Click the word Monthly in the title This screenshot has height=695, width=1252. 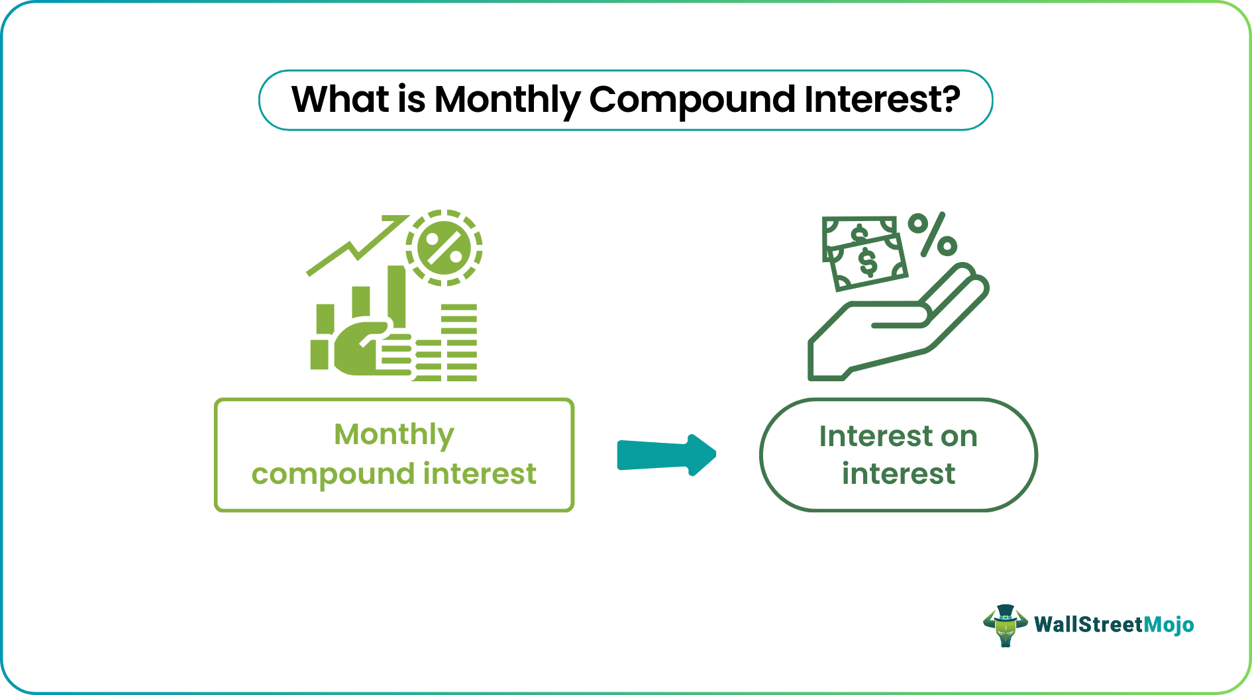point(507,101)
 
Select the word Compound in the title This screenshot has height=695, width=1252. point(692,101)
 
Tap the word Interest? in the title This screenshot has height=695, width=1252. point(882,99)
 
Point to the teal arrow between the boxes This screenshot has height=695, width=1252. point(666,455)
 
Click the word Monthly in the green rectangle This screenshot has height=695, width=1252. point(394,435)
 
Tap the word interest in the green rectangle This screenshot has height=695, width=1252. point(480,474)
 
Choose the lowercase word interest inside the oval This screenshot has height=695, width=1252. point(898,475)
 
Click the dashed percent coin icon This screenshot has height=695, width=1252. point(444,248)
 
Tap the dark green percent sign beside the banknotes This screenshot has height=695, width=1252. point(932,235)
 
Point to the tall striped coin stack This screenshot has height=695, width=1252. point(459,342)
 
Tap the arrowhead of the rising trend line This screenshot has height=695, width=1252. point(397,220)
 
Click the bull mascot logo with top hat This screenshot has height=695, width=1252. point(1005,625)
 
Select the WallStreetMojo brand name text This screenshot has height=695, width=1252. point(1114,625)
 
